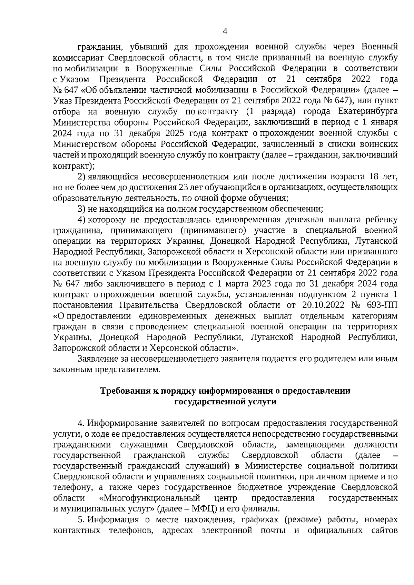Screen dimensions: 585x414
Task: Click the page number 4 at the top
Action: point(225,31)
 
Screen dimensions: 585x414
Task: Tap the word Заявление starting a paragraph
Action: point(97,359)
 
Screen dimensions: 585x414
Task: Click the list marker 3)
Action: point(81,209)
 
